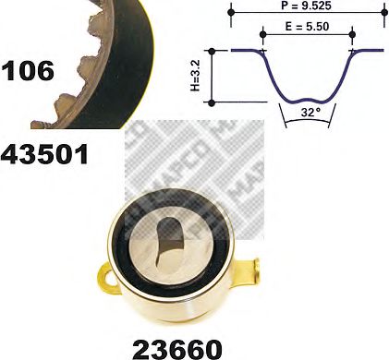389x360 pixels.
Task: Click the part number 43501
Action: coord(45,152)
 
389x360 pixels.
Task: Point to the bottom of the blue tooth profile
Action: coord(308,97)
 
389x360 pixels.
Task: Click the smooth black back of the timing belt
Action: coord(120,46)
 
